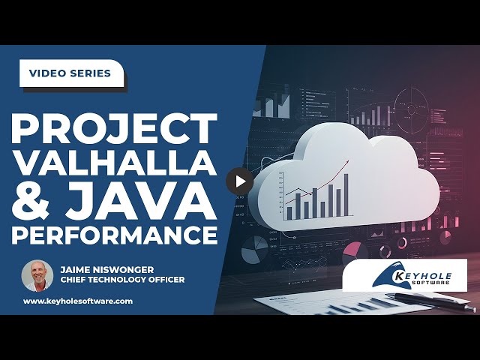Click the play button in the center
point(240,181)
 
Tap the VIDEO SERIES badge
point(70,73)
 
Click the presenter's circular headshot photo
point(37,275)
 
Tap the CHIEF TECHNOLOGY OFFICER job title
point(121,280)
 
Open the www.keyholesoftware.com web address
point(78,301)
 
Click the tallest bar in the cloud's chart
point(347,194)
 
